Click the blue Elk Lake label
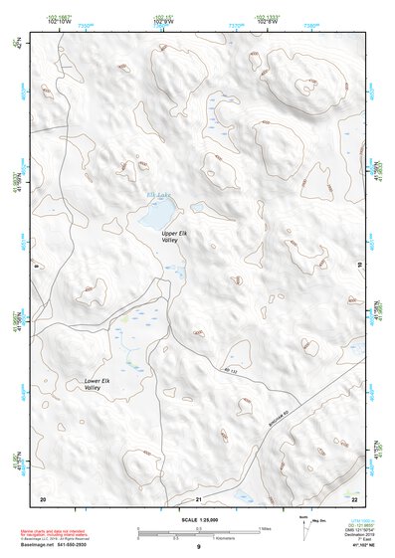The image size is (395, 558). (159, 194)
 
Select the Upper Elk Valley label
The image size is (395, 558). (175, 237)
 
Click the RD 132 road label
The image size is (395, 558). (231, 370)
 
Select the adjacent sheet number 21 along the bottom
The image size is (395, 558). (199, 497)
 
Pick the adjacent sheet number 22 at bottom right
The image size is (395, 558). (354, 496)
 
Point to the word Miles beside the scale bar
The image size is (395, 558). (266, 528)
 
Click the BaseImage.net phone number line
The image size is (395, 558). (58, 546)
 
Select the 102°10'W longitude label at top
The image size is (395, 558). (59, 21)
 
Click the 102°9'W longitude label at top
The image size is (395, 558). (162, 21)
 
